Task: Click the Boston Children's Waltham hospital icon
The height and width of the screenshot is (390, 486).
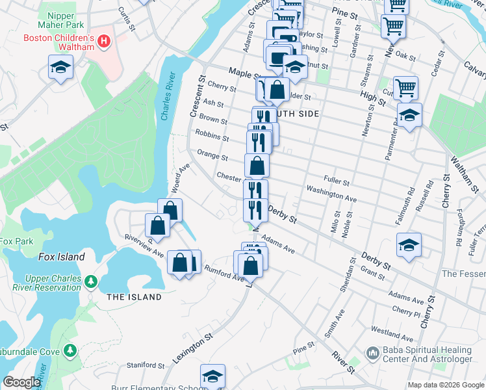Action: (104, 44)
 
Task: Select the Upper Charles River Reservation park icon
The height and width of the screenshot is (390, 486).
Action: (91, 281)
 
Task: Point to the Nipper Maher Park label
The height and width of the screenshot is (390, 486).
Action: (63, 18)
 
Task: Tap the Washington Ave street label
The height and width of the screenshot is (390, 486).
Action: (331, 194)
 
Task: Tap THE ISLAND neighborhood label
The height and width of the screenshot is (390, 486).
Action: (134, 297)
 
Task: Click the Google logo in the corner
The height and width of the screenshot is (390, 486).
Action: (21, 382)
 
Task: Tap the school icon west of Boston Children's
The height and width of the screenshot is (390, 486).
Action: (61, 67)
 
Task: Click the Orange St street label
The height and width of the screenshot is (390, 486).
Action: (212, 156)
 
